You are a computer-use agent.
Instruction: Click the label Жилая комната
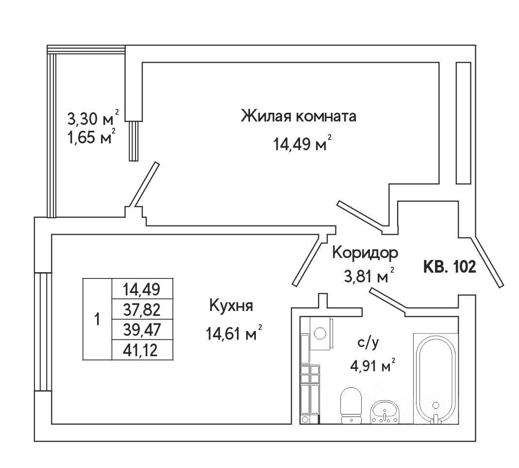299,117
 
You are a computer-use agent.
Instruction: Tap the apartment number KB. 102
449,266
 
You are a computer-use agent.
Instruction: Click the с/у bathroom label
368,343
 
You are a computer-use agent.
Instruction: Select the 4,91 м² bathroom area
372,366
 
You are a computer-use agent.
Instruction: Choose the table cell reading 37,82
142,309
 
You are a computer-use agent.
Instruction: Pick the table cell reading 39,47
142,329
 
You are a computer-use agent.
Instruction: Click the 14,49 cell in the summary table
142,289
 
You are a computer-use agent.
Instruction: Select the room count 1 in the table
98,320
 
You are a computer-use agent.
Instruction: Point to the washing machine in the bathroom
321,333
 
